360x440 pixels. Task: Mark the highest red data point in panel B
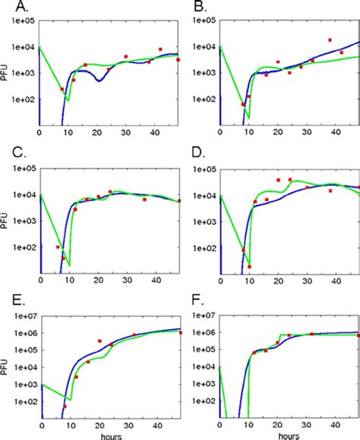[330, 40]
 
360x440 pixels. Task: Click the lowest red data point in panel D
[249, 267]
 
